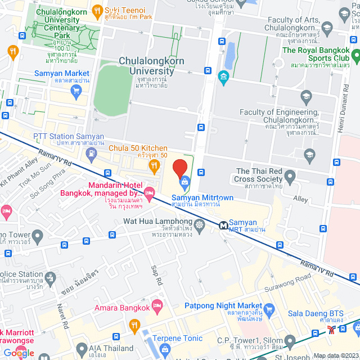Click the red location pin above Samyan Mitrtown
pos(179,168)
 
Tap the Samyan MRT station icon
pos(223,225)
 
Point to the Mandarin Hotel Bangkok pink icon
pos(149,195)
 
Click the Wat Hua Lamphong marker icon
pos(201,231)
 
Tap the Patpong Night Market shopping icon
pos(269,309)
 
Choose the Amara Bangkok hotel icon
pos(157,307)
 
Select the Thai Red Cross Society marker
pos(290,179)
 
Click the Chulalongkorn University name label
pos(152,66)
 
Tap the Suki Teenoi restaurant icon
pos(97,10)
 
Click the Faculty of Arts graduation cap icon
pos(326,26)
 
